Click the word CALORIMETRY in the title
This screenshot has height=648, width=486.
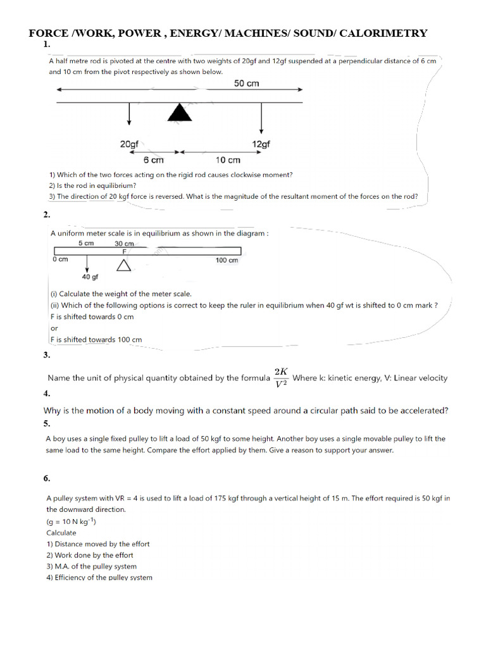tap(383, 33)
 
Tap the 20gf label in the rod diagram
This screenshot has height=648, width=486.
tap(129, 144)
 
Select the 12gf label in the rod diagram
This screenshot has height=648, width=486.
tap(261, 144)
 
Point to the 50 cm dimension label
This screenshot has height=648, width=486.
tap(246, 84)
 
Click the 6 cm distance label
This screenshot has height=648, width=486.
tap(153, 160)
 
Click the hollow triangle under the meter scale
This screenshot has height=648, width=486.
tap(124, 266)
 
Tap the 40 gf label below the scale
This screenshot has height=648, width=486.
tap(90, 277)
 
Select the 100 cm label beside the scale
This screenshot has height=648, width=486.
tap(227, 260)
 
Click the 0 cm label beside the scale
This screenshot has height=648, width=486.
tap(60, 259)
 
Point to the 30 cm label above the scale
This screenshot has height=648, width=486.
tap(124, 244)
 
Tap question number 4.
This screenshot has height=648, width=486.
tap(46, 394)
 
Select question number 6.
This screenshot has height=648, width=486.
tap(47, 478)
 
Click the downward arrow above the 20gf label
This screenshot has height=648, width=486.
tap(129, 114)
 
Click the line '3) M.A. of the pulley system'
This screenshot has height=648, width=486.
tap(91, 566)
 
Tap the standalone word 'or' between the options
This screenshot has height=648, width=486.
tap(54, 328)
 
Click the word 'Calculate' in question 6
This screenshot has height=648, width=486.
tap(61, 532)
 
